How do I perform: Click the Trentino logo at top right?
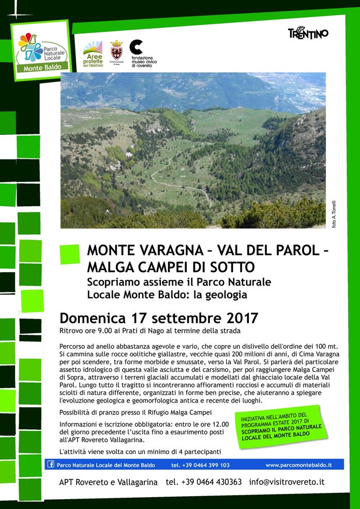click(x=308, y=33)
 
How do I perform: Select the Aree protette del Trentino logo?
click(x=93, y=54)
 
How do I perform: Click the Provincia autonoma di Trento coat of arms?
click(x=116, y=52)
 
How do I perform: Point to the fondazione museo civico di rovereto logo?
click(x=142, y=53)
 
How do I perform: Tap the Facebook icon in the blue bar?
click(x=51, y=465)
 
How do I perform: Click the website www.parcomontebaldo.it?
click(x=298, y=465)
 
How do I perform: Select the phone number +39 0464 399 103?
click(x=200, y=465)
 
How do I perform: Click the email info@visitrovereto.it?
click(x=287, y=482)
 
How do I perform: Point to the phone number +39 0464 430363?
click(x=204, y=482)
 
